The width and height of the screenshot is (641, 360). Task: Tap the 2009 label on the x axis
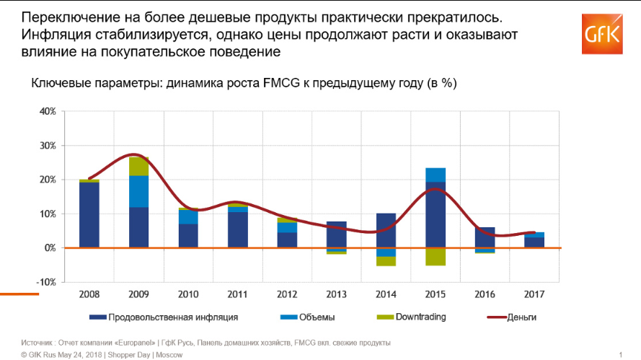pyautogui.click(x=138, y=295)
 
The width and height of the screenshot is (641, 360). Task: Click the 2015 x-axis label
pyautogui.click(x=435, y=295)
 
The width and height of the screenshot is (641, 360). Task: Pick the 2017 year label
pyautogui.click(x=534, y=295)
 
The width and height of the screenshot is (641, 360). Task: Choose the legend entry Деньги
pyautogui.click(x=521, y=317)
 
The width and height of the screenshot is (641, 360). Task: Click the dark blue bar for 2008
pyautogui.click(x=89, y=215)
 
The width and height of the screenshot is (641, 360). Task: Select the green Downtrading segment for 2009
pyautogui.click(x=138, y=166)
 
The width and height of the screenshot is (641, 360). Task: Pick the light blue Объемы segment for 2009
pyautogui.click(x=138, y=191)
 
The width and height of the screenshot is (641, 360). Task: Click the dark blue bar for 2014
pyautogui.click(x=386, y=230)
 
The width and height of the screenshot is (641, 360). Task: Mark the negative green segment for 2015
pyautogui.click(x=435, y=256)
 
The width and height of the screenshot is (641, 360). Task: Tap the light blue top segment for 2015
pyautogui.click(x=435, y=175)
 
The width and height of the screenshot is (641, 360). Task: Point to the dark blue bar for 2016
pyautogui.click(x=485, y=237)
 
